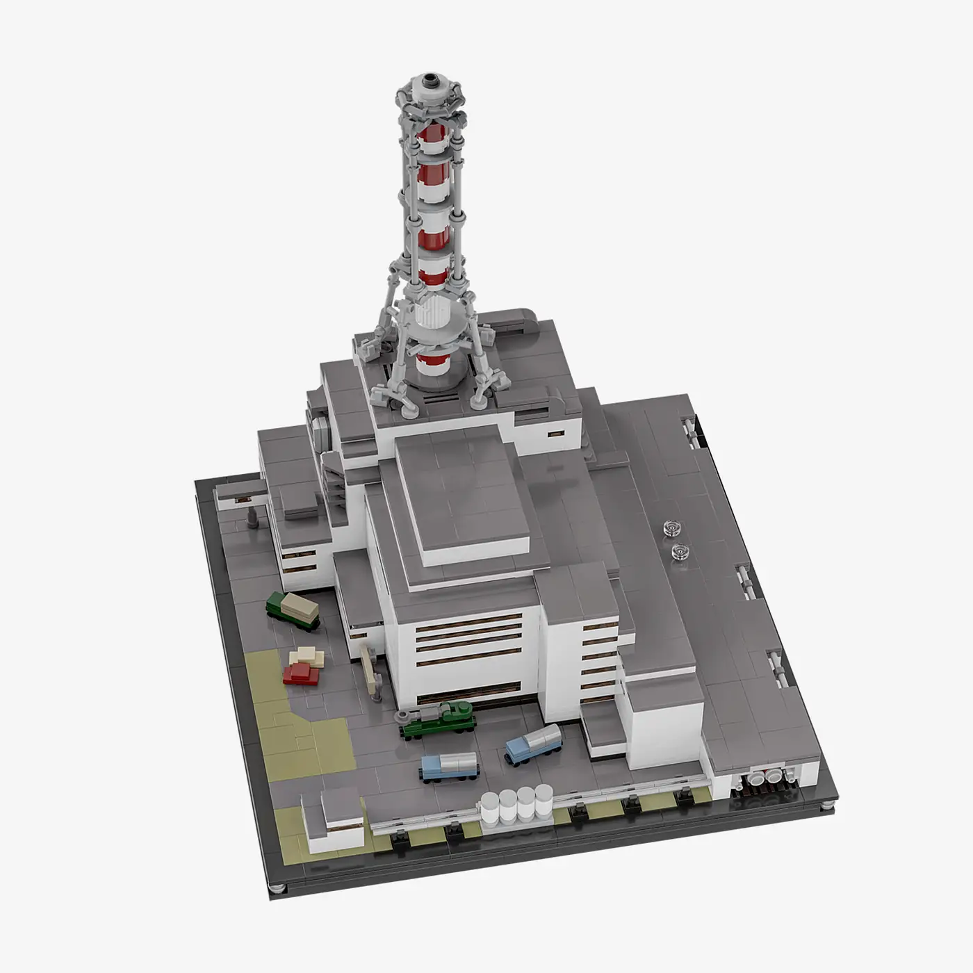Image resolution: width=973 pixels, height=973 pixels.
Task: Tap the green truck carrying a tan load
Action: [x=293, y=610]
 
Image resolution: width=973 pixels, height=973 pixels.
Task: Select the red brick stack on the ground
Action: [x=301, y=673]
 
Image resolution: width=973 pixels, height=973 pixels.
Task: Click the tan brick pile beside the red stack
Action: [x=306, y=655]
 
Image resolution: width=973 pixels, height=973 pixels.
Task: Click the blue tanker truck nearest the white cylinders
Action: [x=450, y=767]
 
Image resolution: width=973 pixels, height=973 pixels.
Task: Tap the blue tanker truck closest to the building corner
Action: [x=534, y=744]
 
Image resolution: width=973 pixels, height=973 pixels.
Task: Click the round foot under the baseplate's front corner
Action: [x=278, y=888]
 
